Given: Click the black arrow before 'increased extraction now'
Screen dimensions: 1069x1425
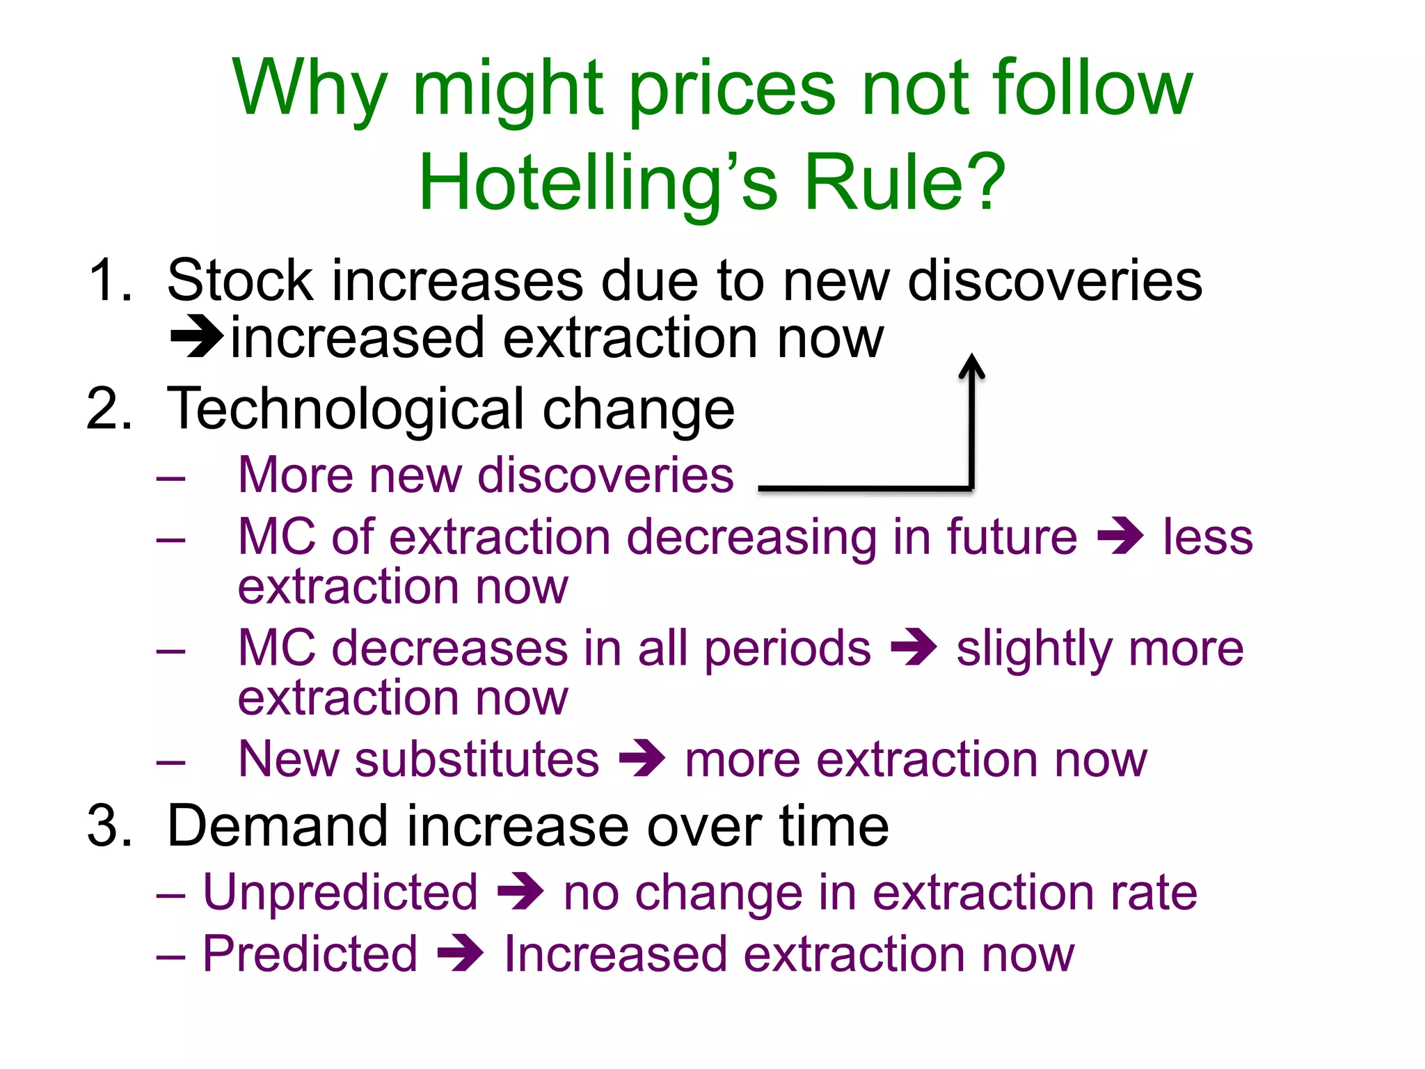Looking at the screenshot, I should click(x=198, y=337).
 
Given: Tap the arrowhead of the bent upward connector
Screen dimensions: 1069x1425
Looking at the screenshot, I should click(x=971, y=365).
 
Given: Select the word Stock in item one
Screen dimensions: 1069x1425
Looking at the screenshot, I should click(x=240, y=280).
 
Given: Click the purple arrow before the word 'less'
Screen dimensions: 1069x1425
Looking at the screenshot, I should click(x=1120, y=537).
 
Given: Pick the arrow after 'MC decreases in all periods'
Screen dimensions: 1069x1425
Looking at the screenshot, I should click(x=914, y=647).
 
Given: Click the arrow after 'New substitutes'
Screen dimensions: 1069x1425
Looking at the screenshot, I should click(x=642, y=758).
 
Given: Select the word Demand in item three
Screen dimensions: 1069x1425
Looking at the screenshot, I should click(x=278, y=826).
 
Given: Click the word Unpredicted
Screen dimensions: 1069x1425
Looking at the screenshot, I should click(x=340, y=893).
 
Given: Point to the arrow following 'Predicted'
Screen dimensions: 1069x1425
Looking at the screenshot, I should click(x=460, y=953).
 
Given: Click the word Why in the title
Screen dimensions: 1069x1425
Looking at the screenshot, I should click(x=310, y=89).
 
